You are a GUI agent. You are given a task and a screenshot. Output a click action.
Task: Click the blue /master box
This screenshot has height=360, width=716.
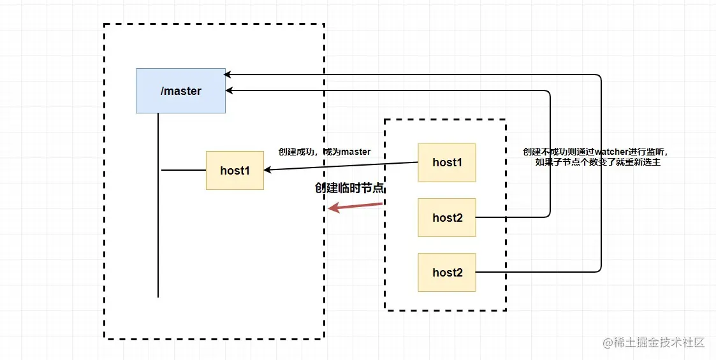[180, 91]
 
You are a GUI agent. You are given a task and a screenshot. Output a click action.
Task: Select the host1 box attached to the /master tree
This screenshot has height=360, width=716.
[235, 170]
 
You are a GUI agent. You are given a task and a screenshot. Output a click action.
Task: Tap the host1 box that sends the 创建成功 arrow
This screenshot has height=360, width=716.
[446, 162]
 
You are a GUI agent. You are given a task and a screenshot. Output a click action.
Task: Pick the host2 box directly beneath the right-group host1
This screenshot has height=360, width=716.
[446, 218]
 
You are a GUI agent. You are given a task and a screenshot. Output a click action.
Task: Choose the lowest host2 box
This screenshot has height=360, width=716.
[446, 273]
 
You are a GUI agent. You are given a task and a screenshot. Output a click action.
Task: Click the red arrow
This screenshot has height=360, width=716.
[355, 206]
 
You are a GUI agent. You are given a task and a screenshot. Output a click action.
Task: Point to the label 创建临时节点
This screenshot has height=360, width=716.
[349, 188]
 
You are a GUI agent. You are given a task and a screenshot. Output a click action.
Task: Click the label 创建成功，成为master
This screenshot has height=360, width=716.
[325, 152]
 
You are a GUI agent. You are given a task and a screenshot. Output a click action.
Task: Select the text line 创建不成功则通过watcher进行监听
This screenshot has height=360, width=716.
[598, 152]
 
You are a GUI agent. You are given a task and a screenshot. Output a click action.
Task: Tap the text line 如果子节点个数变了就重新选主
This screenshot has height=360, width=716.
[598, 162]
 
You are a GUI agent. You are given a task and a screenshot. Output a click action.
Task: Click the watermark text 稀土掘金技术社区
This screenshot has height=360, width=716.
[659, 343]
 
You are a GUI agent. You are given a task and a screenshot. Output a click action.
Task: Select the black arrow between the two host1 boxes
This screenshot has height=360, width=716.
[341, 166]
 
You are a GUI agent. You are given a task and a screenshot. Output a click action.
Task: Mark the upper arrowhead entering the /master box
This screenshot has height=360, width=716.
[228, 75]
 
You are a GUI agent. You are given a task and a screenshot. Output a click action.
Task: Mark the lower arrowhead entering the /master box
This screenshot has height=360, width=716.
[230, 91]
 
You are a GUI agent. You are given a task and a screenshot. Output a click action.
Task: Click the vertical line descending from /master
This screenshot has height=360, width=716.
[158, 205]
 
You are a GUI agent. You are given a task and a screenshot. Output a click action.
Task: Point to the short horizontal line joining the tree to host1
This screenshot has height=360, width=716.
[184, 170]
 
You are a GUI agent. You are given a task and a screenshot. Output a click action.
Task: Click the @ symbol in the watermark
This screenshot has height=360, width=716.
[608, 343]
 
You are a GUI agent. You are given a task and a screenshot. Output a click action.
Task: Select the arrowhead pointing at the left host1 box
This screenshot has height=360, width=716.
[268, 169]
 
